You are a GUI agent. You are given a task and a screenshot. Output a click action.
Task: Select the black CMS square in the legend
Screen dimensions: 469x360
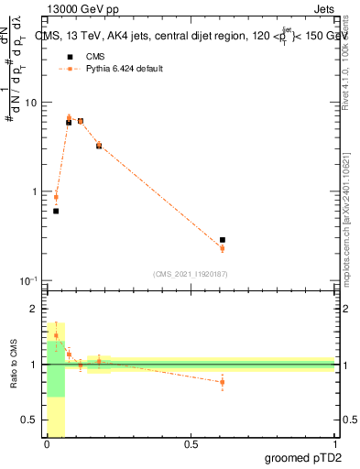click(69, 57)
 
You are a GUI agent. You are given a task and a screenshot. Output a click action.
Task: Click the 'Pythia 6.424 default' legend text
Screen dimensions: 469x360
click(125, 69)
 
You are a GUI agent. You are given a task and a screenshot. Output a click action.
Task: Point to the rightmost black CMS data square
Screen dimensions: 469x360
click(223, 240)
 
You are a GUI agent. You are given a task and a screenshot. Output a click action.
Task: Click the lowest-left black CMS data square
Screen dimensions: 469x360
click(56, 211)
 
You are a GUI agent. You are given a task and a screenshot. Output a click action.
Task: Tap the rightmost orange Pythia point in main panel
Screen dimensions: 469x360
click(223, 248)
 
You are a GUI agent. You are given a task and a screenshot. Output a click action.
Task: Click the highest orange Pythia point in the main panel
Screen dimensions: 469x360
click(69, 117)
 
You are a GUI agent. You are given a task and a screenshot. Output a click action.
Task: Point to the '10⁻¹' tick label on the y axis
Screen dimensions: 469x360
click(29, 279)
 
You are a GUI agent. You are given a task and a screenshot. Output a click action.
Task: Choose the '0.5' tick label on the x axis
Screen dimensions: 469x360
click(191, 445)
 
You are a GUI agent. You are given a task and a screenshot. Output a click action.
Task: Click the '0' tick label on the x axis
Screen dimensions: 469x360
click(48, 445)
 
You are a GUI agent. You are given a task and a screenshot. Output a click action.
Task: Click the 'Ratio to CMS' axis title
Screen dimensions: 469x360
click(13, 364)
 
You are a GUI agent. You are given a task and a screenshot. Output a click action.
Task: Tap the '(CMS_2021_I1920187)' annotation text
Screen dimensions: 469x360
click(191, 273)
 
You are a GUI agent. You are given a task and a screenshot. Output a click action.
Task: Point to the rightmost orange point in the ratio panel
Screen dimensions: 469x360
click(223, 382)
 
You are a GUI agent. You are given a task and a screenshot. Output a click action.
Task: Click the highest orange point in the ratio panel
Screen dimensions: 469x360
click(56, 335)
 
